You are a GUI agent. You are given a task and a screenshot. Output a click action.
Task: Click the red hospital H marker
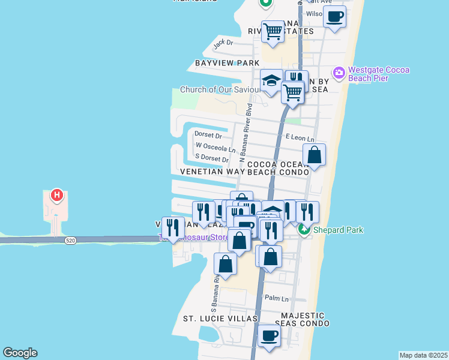point(56,196)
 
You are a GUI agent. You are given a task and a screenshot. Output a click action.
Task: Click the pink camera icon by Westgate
point(339,73)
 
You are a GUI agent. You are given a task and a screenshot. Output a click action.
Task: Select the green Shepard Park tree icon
point(305,229)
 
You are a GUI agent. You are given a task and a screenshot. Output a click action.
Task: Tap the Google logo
point(20,353)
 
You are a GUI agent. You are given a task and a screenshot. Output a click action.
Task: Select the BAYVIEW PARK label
point(227,63)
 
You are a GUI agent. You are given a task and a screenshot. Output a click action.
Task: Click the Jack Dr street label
point(223,43)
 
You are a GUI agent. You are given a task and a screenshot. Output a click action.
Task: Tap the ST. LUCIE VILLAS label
point(220,319)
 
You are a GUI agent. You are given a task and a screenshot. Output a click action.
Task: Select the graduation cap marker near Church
point(271,81)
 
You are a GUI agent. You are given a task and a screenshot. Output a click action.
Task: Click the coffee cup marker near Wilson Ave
point(334,16)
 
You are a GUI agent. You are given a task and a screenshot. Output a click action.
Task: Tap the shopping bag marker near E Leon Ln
point(314,155)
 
